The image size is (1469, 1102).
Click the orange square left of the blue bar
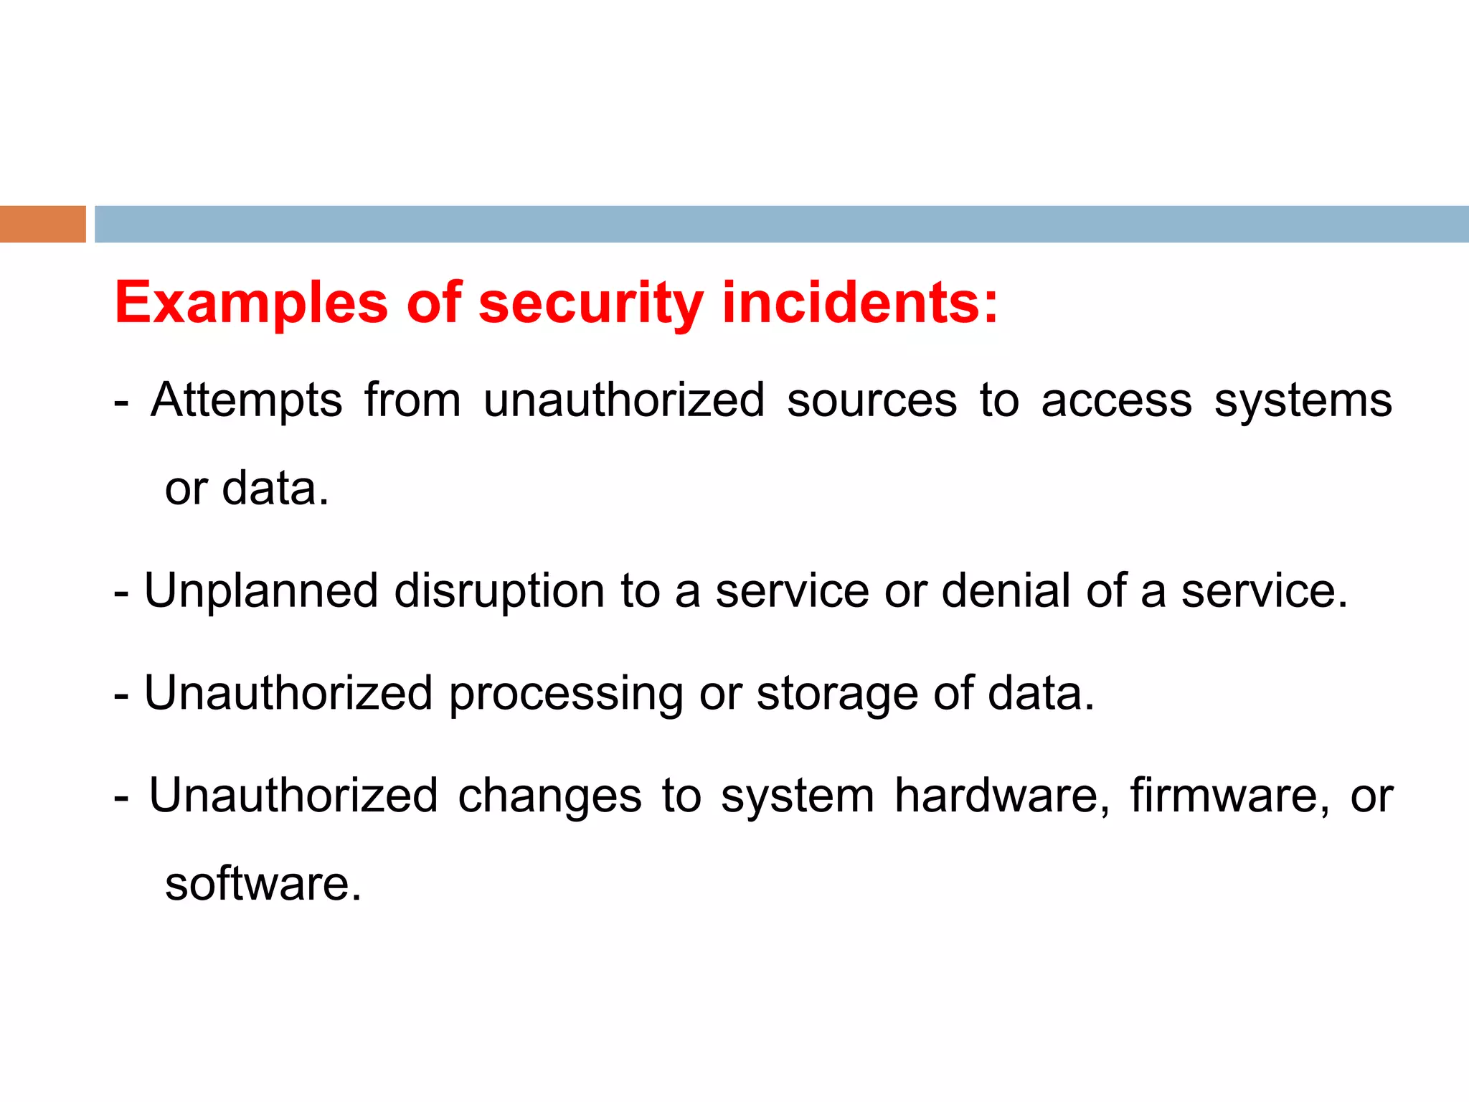(42, 224)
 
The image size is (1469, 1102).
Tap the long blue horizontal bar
(781, 224)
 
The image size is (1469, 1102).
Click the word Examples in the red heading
(251, 303)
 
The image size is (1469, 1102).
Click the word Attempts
(247, 400)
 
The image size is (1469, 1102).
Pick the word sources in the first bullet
(872, 400)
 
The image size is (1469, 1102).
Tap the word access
(1116, 400)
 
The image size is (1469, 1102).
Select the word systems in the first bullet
(1303, 400)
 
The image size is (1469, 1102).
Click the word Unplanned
(261, 591)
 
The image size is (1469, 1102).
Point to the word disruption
(499, 593)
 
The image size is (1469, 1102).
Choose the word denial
(1005, 591)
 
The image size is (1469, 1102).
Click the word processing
(566, 694)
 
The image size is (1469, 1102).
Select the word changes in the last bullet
(549, 797)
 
